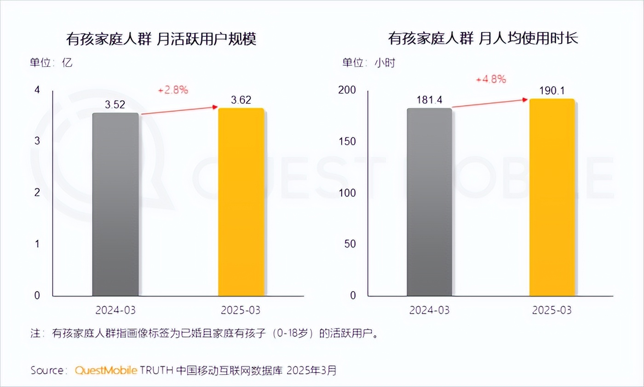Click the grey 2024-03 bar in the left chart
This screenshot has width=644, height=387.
[115, 205]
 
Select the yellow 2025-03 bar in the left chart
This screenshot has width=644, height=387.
[241, 202]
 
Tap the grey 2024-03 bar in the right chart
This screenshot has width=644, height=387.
[429, 202]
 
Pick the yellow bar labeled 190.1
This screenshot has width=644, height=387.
[552, 198]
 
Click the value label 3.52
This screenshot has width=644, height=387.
[115, 104]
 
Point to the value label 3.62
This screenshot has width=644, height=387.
[241, 100]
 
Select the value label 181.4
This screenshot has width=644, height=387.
[429, 100]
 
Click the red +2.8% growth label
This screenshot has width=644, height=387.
[173, 90]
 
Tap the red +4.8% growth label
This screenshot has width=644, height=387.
[491, 79]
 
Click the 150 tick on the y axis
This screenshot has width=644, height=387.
[347, 141]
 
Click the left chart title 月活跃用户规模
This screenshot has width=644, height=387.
[161, 39]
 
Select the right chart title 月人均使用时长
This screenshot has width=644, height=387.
[483, 39]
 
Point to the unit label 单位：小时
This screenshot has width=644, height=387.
[368, 63]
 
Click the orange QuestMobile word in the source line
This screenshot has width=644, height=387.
[105, 370]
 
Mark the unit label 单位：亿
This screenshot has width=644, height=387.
[51, 63]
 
